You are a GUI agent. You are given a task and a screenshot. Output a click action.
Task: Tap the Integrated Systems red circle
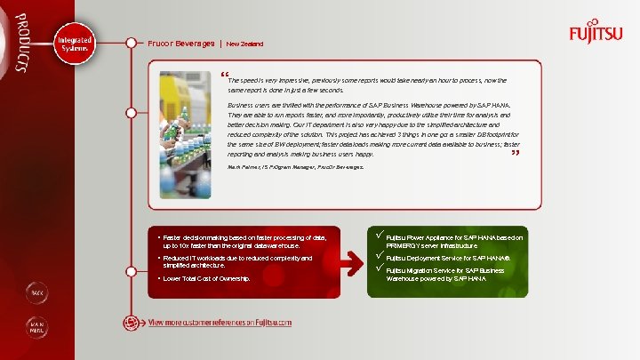73,44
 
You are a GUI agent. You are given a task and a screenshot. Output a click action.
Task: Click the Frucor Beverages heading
181,43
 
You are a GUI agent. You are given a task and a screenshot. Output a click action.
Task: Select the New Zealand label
244,44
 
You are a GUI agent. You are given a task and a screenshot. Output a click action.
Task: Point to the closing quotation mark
515,154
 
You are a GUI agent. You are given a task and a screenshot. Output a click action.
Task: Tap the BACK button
37,292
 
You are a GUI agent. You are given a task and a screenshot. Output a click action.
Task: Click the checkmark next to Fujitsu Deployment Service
380,256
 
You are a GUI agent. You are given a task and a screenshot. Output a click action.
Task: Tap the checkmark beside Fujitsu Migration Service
380,268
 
